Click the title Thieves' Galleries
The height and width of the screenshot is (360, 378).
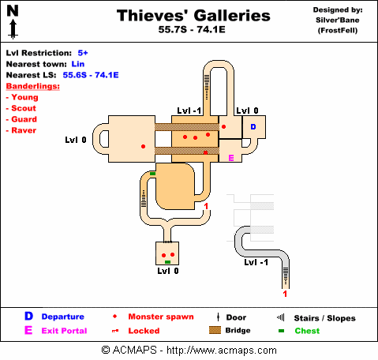tap(193, 16)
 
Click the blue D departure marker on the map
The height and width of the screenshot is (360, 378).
tap(253, 127)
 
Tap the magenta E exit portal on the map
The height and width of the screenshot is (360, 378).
tap(231, 158)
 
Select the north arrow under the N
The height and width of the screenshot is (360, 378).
tap(13, 29)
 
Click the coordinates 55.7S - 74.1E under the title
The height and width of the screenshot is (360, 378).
tap(192, 29)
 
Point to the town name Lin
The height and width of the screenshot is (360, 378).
tap(78, 64)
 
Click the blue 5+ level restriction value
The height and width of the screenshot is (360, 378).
tap(83, 53)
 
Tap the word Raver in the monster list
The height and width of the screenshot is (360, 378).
tap(24, 130)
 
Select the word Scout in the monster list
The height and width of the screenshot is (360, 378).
tap(24, 108)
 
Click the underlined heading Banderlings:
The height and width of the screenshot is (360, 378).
tap(33, 86)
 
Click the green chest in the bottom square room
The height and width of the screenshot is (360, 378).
tap(167, 262)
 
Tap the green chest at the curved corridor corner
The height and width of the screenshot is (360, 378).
tap(152, 174)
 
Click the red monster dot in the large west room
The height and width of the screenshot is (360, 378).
tap(143, 146)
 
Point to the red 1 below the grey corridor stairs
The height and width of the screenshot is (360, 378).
tap(285, 294)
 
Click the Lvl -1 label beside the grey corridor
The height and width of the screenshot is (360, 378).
tap(256, 262)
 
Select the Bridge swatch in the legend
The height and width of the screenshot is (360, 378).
tap(215, 330)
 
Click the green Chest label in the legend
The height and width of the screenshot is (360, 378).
tap(307, 331)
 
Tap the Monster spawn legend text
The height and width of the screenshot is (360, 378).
tap(161, 317)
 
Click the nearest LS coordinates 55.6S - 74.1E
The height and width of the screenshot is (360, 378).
tap(91, 75)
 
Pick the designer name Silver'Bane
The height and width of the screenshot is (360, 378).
tap(338, 20)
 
